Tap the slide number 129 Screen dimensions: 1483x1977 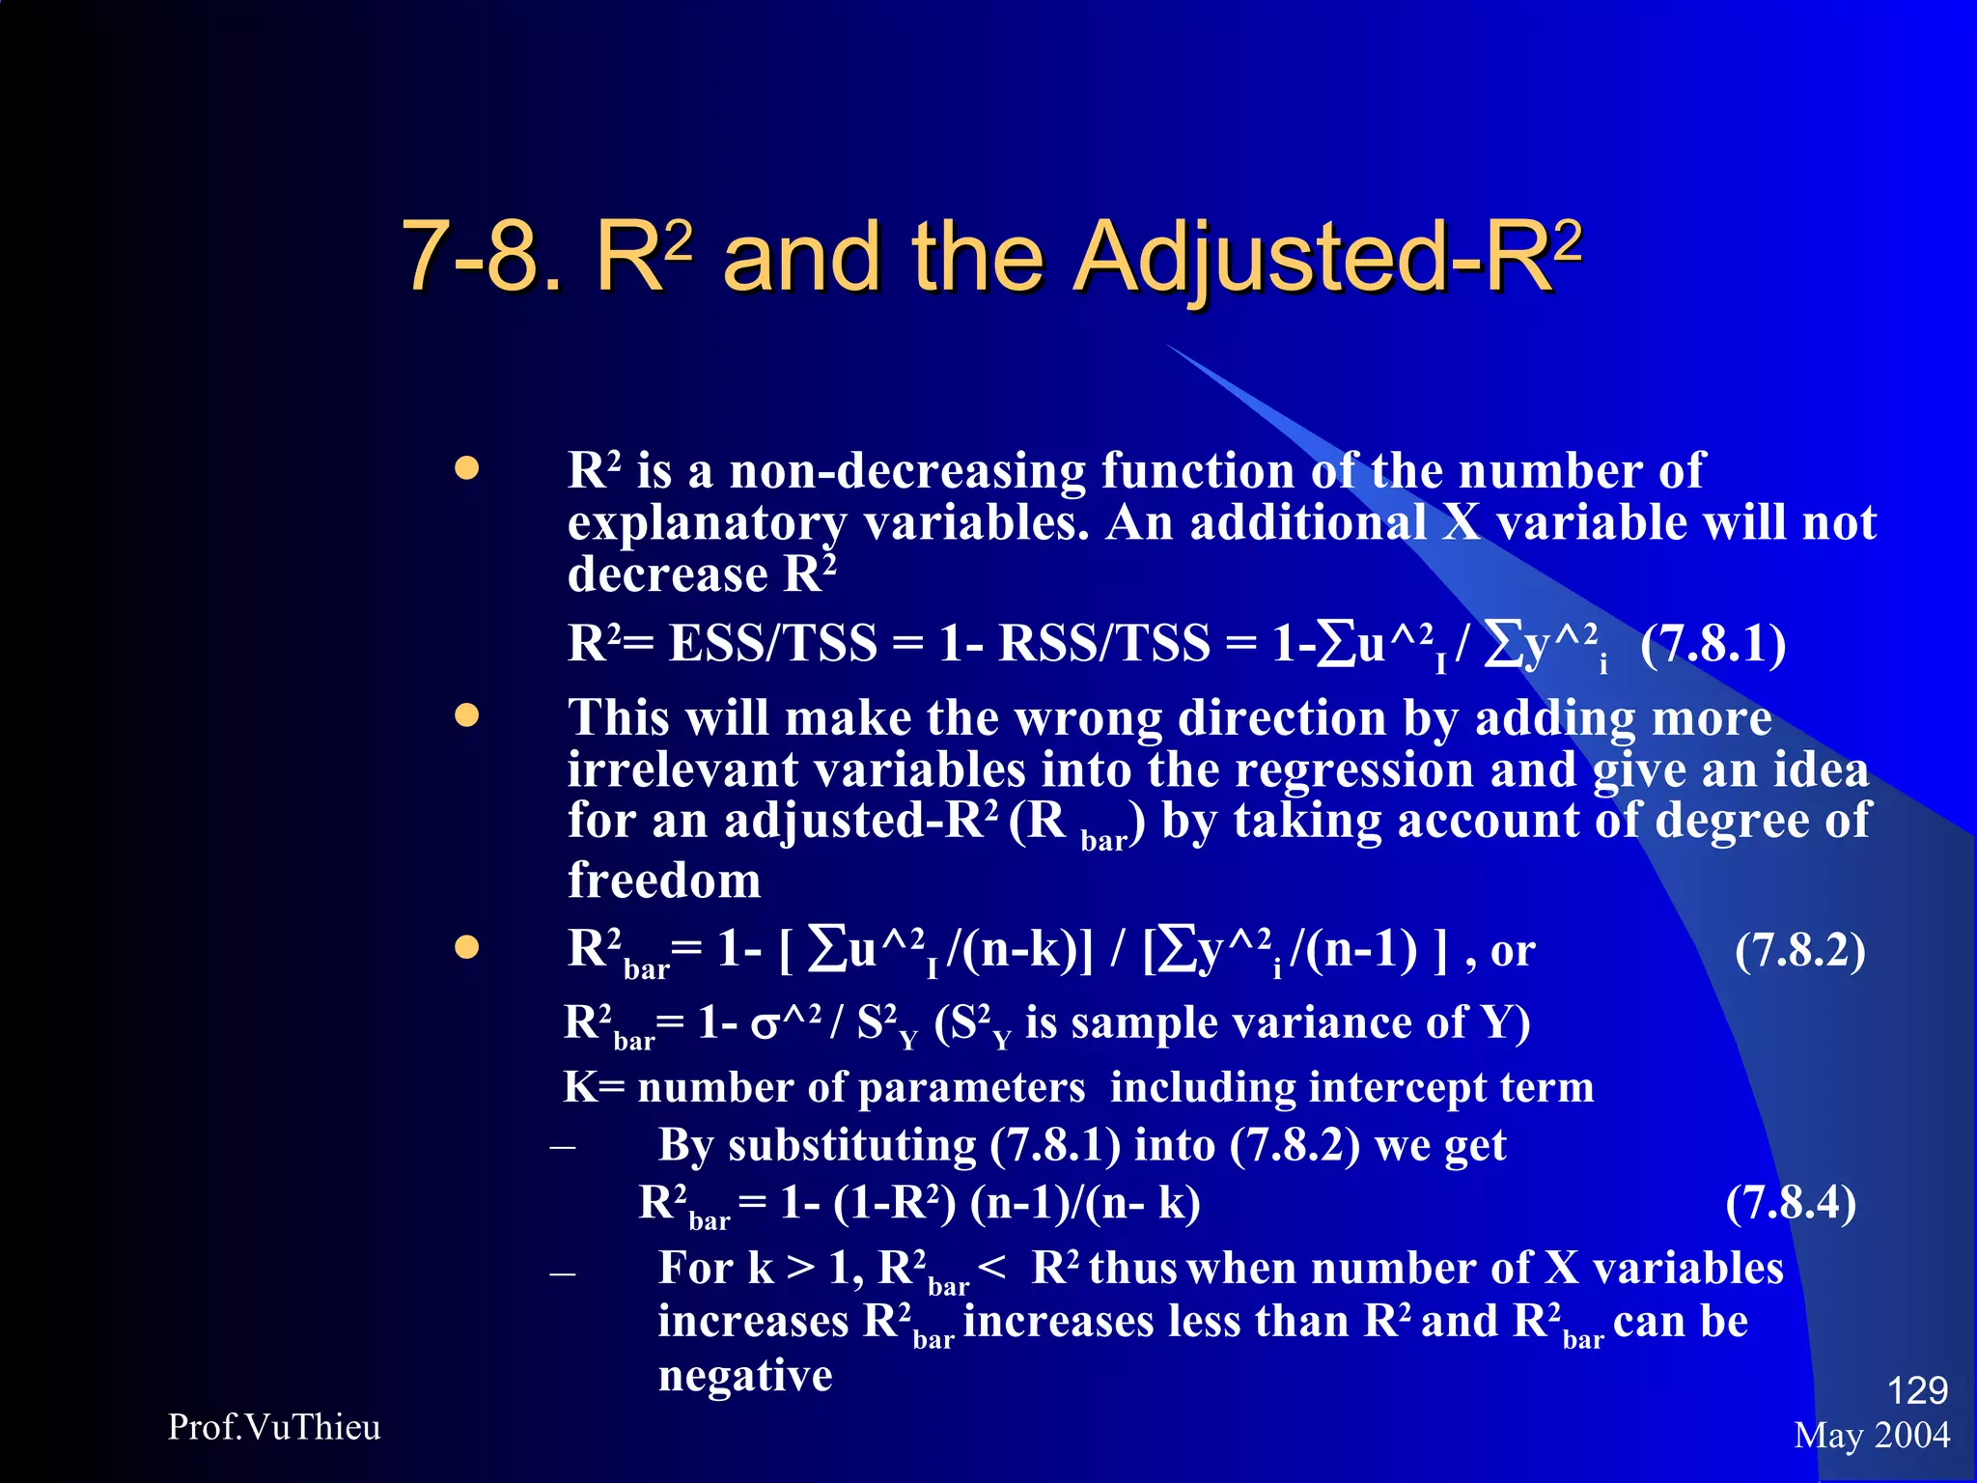click(1917, 1390)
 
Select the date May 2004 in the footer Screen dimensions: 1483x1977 click(1872, 1436)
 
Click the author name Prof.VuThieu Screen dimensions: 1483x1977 click(274, 1427)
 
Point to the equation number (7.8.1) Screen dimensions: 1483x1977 click(1712, 644)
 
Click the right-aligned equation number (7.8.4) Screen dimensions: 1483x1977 click(1790, 1203)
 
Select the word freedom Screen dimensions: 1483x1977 click(664, 881)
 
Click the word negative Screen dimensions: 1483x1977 click(745, 1375)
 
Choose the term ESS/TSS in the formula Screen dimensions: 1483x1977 click(772, 644)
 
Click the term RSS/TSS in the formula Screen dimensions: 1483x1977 click(1103, 644)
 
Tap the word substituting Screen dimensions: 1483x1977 click(852, 1146)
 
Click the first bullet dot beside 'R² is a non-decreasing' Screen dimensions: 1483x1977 click(467, 469)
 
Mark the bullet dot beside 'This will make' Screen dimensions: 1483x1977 click(467, 715)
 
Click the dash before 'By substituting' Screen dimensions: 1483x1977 click(563, 1148)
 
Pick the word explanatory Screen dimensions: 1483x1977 click(706, 524)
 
